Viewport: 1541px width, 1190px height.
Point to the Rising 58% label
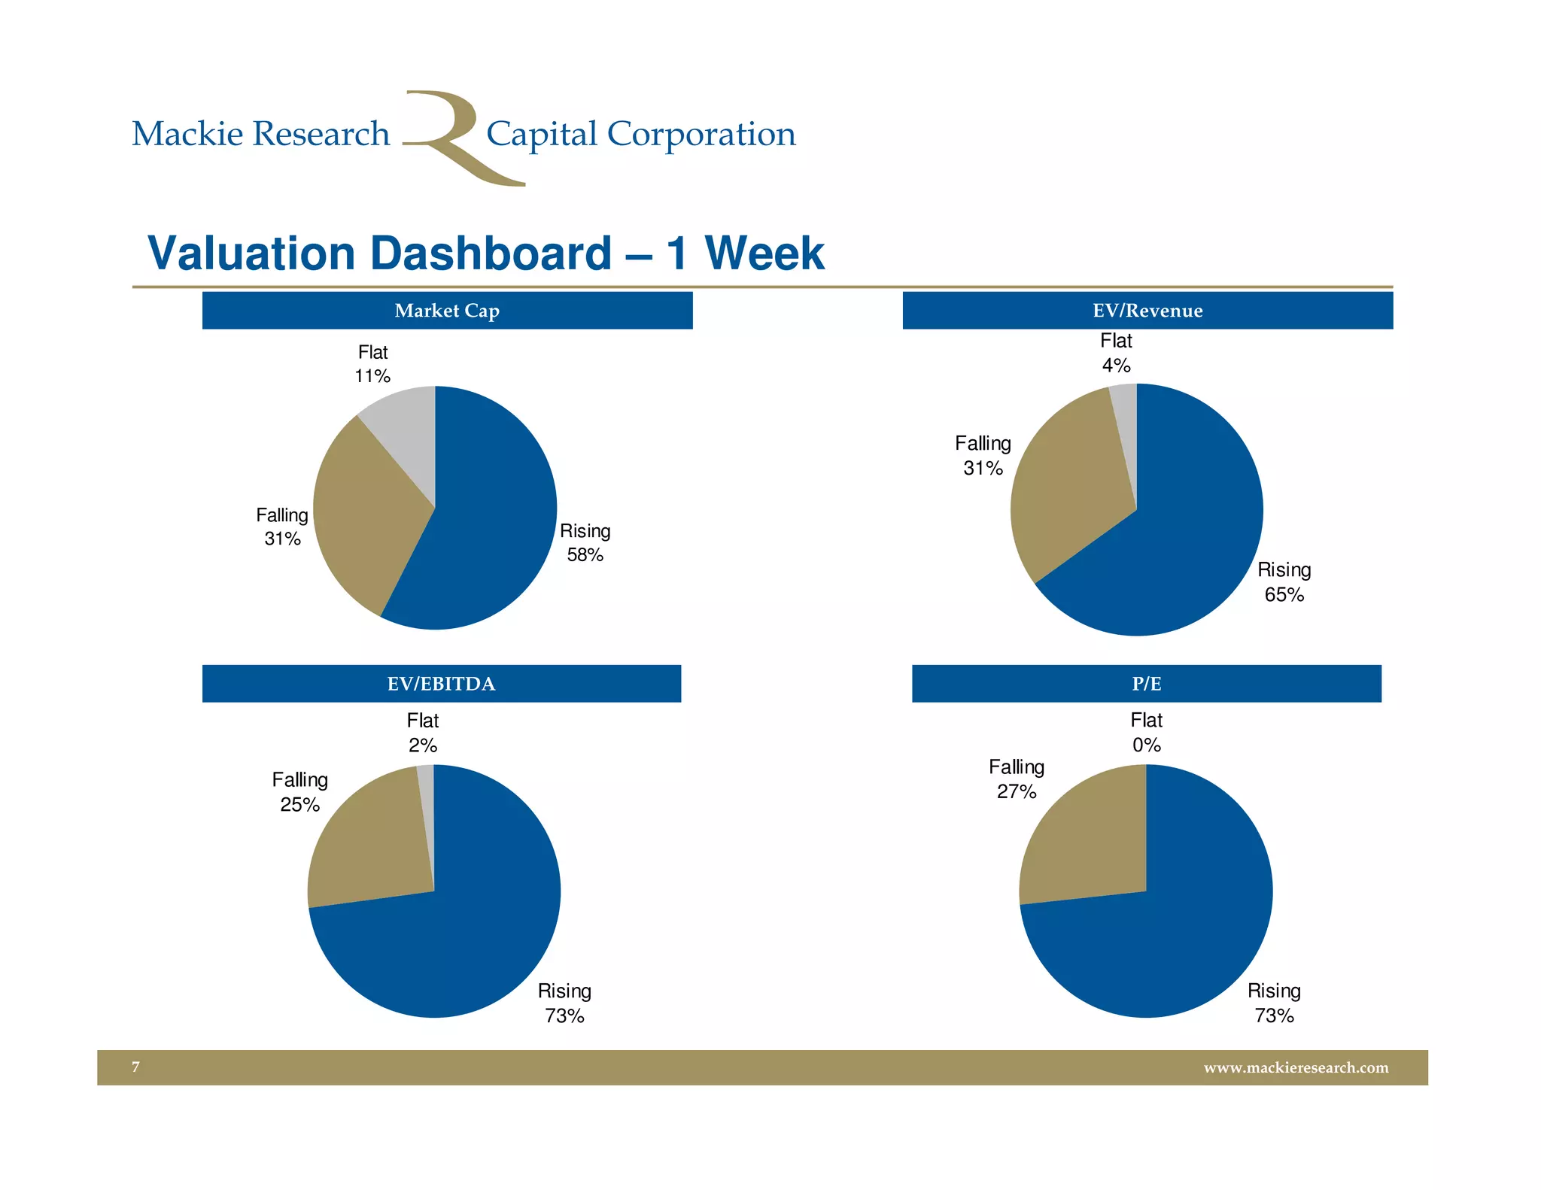pyautogui.click(x=585, y=542)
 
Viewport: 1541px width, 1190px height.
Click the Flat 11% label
pyautogui.click(x=372, y=364)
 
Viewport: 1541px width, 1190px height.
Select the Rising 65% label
pyautogui.click(x=1284, y=582)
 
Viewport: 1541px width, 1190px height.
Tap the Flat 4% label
pyautogui.click(x=1116, y=353)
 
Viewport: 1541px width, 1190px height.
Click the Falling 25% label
pyautogui.click(x=299, y=792)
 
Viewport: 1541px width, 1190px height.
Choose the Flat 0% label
pyautogui.click(x=1146, y=733)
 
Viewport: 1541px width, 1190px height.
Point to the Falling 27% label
pyautogui.click(x=1017, y=779)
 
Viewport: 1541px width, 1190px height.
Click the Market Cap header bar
pyautogui.click(x=447, y=311)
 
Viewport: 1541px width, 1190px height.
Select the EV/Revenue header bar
pyautogui.click(x=1147, y=311)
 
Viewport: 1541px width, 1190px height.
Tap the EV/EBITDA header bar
pyautogui.click(x=441, y=684)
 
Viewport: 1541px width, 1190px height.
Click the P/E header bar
pyautogui.click(x=1146, y=684)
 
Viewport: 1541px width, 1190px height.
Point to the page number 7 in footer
pyautogui.click(x=136, y=1067)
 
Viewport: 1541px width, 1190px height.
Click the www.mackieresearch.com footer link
pyautogui.click(x=1296, y=1067)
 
